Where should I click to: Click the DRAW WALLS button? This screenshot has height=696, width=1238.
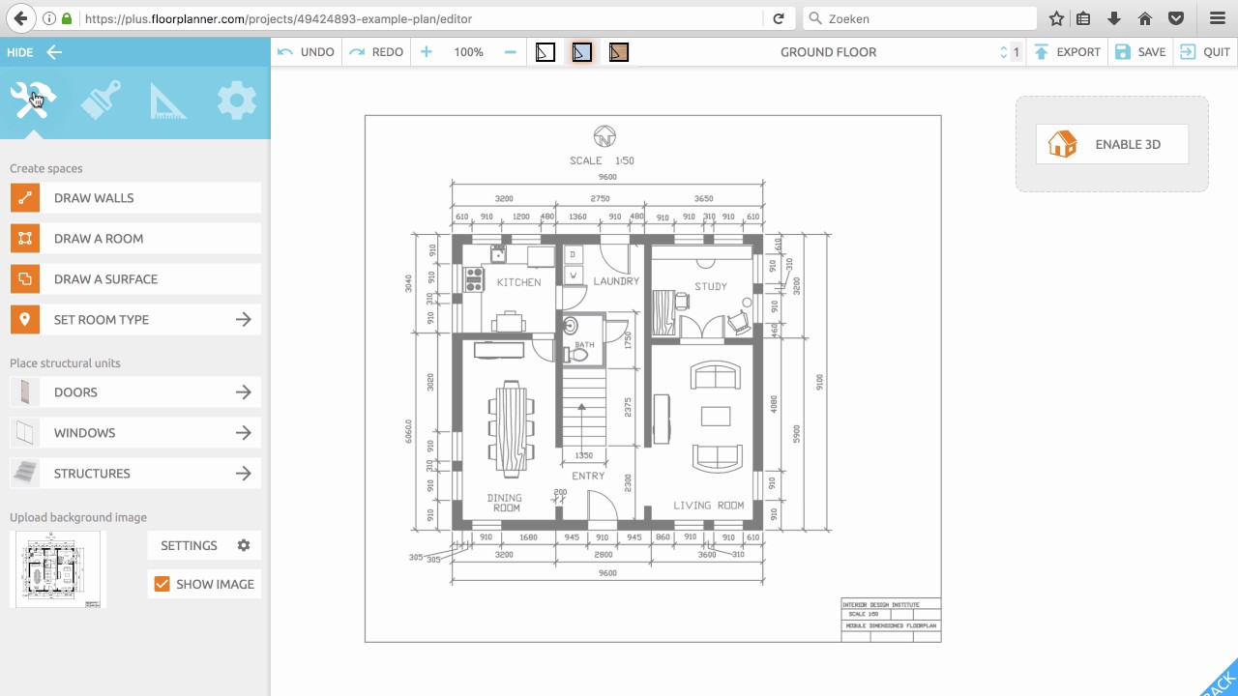pyautogui.click(x=135, y=198)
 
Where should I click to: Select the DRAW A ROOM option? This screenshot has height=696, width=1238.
pyautogui.click(x=135, y=239)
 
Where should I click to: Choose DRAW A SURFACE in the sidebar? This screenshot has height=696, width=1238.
pyautogui.click(x=135, y=279)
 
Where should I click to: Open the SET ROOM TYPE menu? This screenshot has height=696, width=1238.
pyautogui.click(x=135, y=320)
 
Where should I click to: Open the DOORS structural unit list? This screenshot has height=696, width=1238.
pyautogui.click(x=135, y=392)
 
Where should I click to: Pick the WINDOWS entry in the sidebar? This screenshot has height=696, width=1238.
pyautogui.click(x=135, y=433)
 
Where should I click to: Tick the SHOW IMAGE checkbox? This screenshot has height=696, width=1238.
pyautogui.click(x=162, y=584)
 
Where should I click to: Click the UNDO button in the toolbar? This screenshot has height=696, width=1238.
pyautogui.click(x=307, y=52)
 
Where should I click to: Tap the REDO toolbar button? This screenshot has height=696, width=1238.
pyautogui.click(x=377, y=52)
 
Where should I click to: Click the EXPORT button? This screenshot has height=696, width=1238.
pyautogui.click(x=1068, y=52)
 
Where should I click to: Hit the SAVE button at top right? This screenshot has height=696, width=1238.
pyautogui.click(x=1140, y=52)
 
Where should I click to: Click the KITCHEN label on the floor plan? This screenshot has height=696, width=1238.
pyautogui.click(x=518, y=282)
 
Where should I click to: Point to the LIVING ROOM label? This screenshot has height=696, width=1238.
pyautogui.click(x=708, y=506)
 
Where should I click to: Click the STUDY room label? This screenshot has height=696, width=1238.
pyautogui.click(x=710, y=286)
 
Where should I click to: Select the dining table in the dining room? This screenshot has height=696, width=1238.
pyautogui.click(x=509, y=428)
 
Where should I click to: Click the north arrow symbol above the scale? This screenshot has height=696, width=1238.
pyautogui.click(x=604, y=136)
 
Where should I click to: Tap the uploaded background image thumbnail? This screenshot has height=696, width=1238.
pyautogui.click(x=55, y=569)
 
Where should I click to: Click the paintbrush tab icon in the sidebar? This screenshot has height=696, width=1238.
pyautogui.click(x=101, y=101)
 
